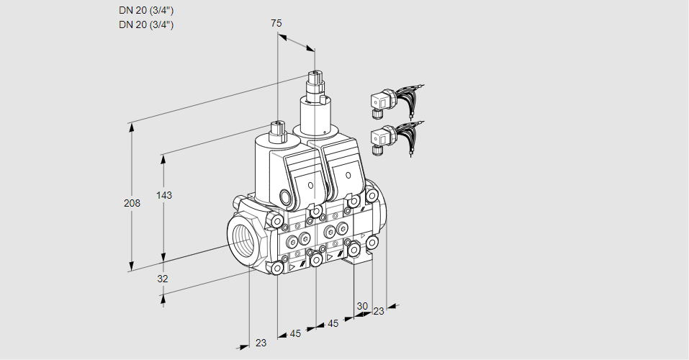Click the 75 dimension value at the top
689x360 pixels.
276,23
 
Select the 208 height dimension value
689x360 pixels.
131,203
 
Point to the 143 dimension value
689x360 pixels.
166,196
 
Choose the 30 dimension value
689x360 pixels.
361,305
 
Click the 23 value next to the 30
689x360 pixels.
379,311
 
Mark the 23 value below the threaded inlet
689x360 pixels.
261,343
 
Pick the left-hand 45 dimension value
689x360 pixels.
295,333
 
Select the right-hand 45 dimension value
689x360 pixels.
333,323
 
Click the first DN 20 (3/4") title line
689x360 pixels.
146,10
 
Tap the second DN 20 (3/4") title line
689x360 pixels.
146,24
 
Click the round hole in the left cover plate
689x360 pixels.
310,186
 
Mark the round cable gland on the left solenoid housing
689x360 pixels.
286,197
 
